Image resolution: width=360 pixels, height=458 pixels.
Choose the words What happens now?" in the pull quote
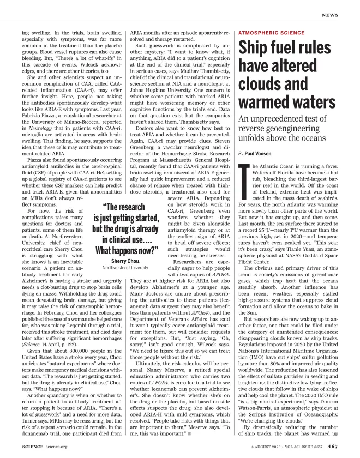(x=126, y=251)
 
